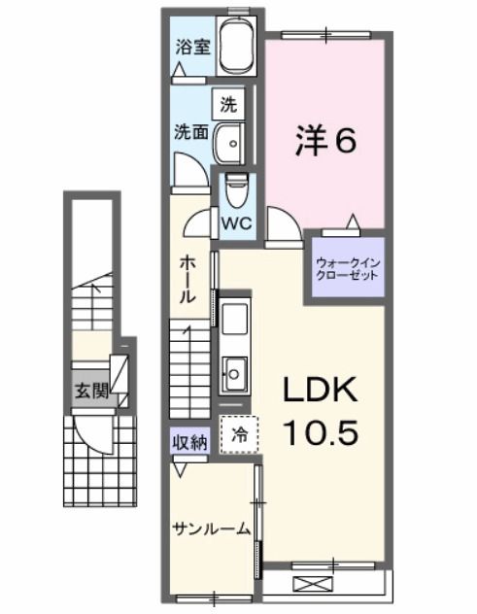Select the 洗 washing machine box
227,103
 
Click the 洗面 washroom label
190,133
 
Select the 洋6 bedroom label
325,141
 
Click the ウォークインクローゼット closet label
345,267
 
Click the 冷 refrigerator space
238,436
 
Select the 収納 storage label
190,442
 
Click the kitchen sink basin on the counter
236,370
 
